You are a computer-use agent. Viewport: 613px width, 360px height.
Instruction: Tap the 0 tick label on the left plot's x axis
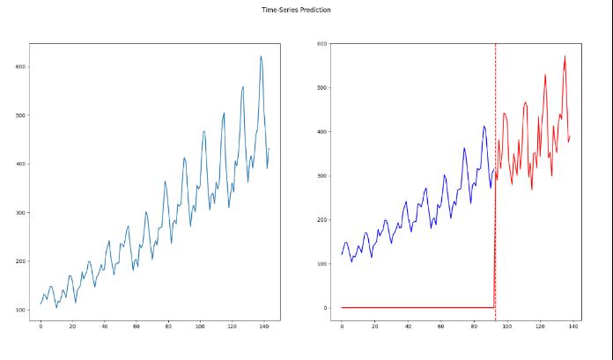click(41, 327)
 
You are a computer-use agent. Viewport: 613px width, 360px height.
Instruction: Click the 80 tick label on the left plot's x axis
click(168, 327)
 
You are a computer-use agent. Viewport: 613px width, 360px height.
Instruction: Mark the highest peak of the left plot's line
click(261, 56)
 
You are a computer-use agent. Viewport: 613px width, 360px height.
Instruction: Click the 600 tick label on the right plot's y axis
click(322, 43)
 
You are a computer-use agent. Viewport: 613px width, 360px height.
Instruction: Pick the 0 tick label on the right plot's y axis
click(326, 308)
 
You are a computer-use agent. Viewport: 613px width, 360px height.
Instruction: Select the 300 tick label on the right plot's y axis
click(322, 176)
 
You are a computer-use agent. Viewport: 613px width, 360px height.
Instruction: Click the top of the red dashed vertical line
click(495, 44)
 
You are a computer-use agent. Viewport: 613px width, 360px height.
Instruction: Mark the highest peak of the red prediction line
click(565, 56)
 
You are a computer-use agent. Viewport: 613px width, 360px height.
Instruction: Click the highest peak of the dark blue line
click(484, 126)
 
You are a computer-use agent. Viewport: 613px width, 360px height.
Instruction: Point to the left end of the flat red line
click(342, 307)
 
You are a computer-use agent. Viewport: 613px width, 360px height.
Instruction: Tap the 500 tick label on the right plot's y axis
click(322, 88)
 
